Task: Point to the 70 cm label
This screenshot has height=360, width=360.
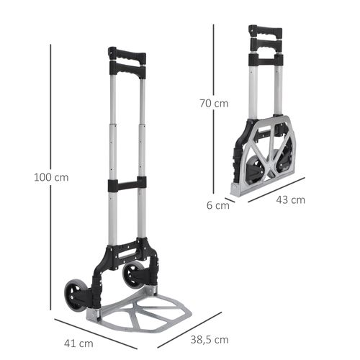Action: coord(213,103)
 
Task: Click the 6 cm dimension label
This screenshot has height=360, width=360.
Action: coord(217,205)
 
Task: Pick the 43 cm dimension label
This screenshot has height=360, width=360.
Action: coord(291,199)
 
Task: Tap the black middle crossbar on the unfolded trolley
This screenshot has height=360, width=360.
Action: coord(127,185)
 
